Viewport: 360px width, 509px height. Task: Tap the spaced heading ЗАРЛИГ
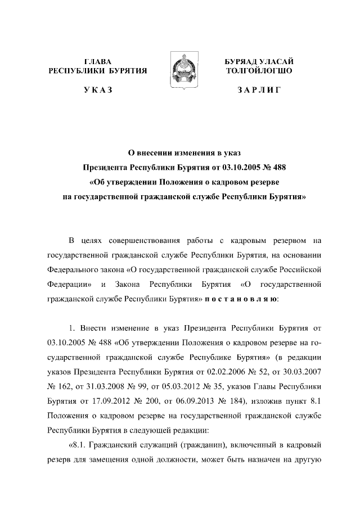tap(259, 90)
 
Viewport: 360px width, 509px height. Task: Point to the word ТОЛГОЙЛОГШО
tap(259, 71)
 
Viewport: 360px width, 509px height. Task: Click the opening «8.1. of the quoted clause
tap(77, 445)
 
